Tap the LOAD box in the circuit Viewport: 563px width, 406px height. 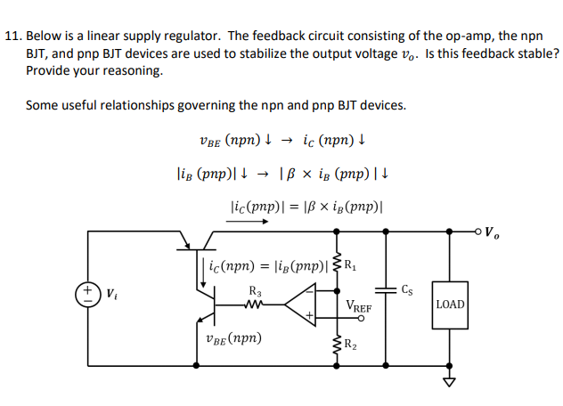pyautogui.click(x=450, y=304)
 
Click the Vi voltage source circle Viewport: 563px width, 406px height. pyautogui.click(x=89, y=293)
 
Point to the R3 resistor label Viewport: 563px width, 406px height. pyautogui.click(x=255, y=289)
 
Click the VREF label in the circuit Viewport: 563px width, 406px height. pyautogui.click(x=360, y=306)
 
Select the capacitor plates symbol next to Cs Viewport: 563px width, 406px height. pyautogui.click(x=385, y=289)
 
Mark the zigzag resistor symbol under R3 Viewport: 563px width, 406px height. pyautogui.click(x=255, y=304)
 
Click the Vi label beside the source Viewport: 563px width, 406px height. pyautogui.click(x=110, y=292)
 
